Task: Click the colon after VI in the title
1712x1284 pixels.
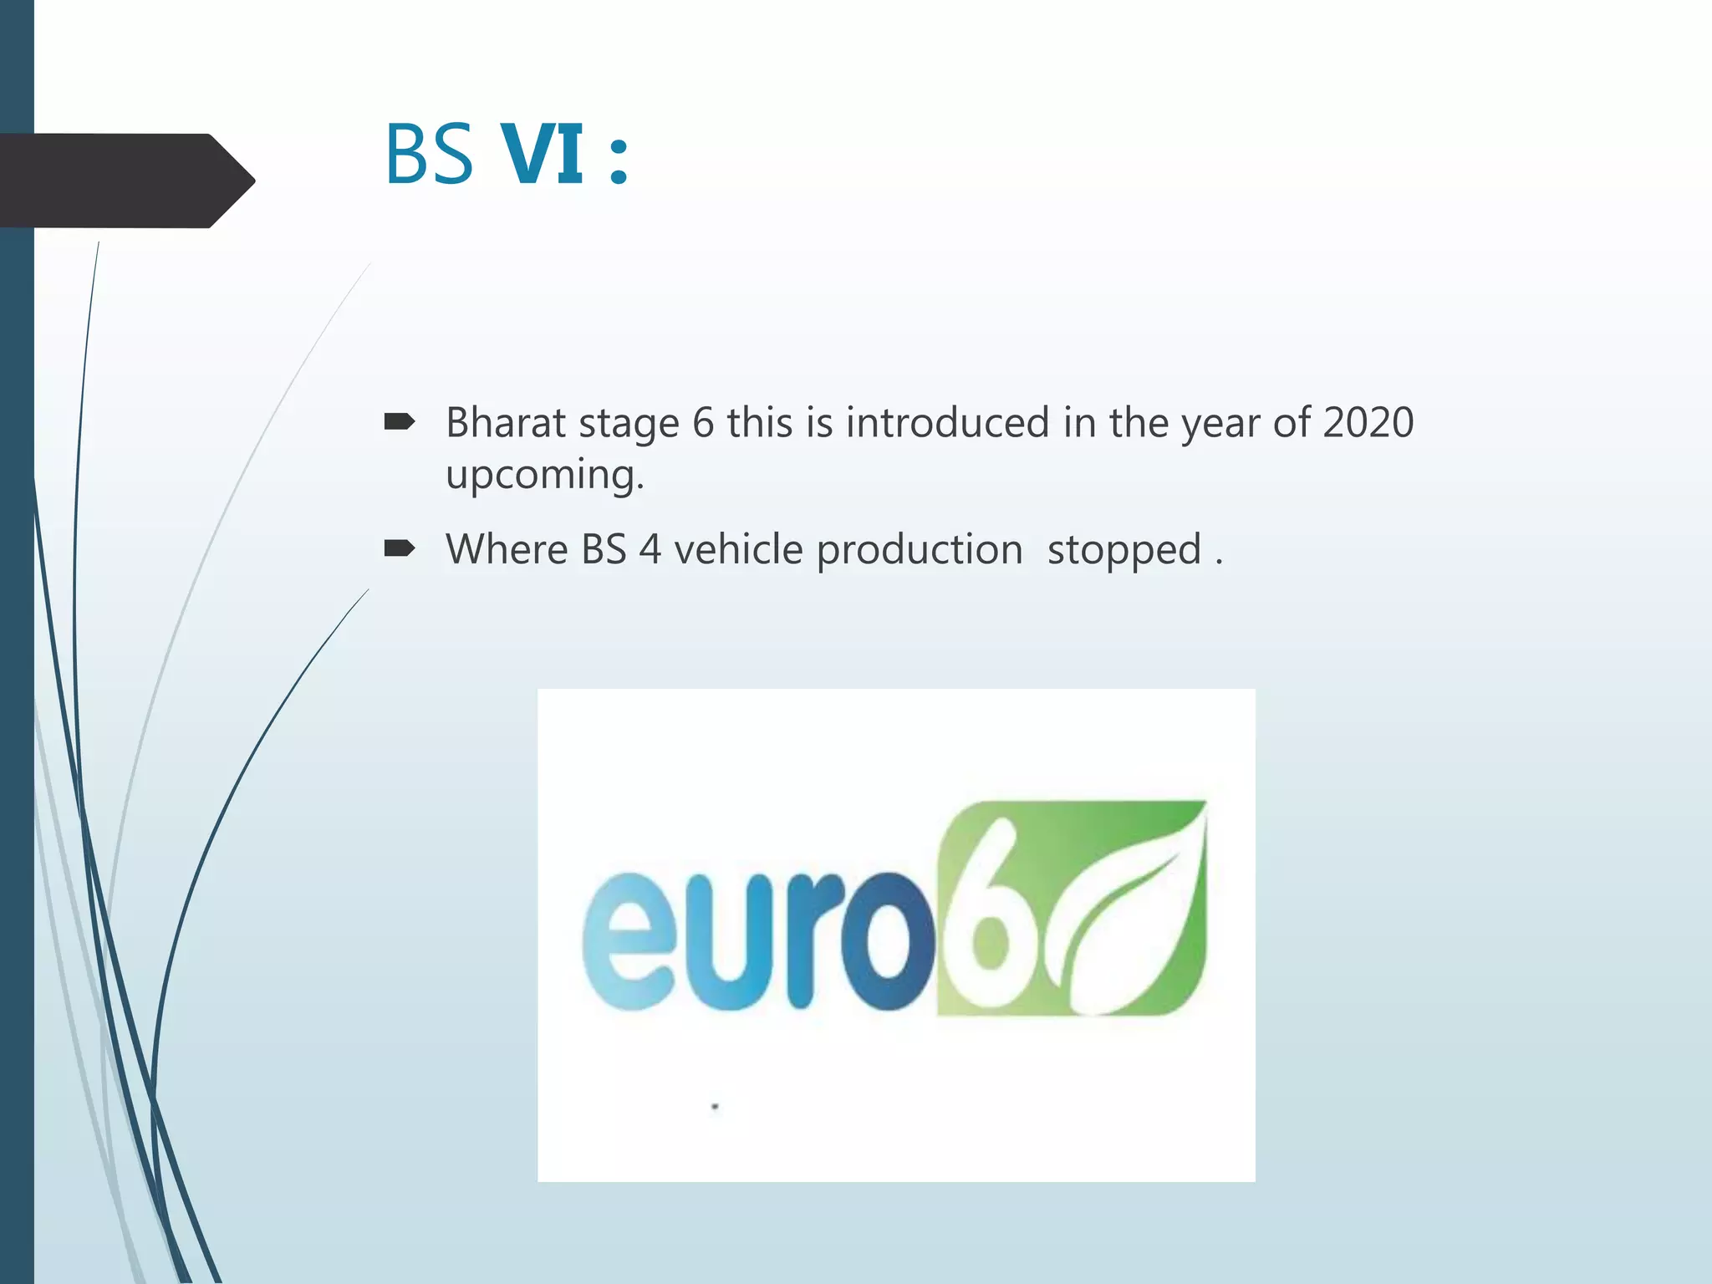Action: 619,159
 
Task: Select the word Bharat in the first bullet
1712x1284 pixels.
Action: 505,422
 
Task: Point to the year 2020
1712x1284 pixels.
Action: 1368,422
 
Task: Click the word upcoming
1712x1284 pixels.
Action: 544,476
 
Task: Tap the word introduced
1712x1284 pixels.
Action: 947,422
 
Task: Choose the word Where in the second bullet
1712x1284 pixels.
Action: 507,550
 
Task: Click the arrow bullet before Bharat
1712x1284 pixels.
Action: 399,422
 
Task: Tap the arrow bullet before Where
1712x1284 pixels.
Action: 399,549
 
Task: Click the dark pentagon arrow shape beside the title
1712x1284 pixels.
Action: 125,181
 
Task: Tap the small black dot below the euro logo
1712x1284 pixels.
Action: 715,1107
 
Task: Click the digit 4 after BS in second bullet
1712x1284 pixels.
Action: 650,550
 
